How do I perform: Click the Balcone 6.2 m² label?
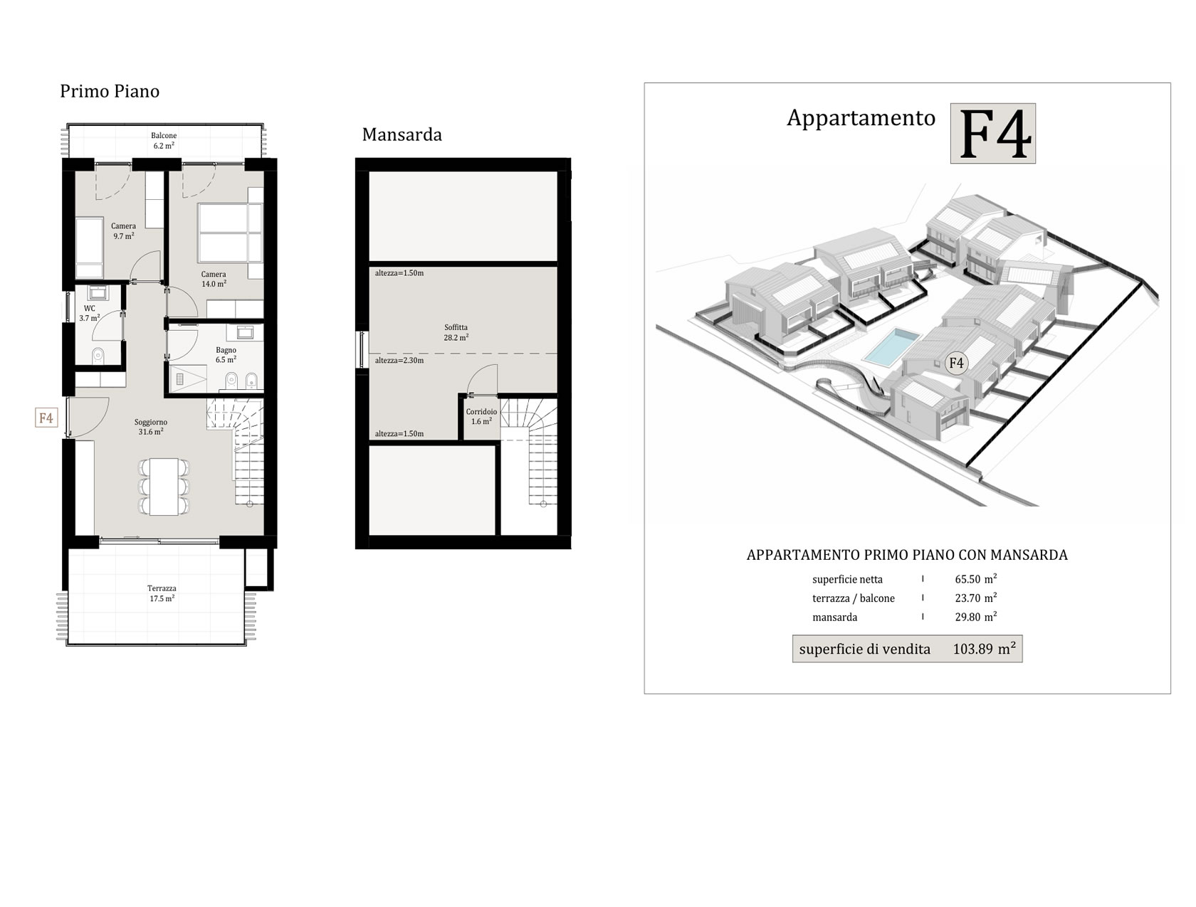point(164,140)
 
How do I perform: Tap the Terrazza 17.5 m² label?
point(162,593)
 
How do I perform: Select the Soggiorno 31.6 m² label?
point(150,427)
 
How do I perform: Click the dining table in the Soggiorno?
point(164,486)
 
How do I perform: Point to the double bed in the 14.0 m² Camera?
point(231,233)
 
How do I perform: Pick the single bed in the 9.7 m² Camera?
point(89,248)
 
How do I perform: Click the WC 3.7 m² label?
point(90,313)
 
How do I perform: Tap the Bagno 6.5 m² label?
point(226,355)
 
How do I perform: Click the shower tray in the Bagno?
point(187,378)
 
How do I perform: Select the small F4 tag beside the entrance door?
point(46,418)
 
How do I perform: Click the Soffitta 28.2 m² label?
point(456,332)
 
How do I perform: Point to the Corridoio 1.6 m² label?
point(481,416)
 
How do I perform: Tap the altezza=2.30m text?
point(399,361)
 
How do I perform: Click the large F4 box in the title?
point(992,134)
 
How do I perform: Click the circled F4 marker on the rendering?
point(955,363)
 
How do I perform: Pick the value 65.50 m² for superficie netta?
point(975,579)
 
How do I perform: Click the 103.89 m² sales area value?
point(984,648)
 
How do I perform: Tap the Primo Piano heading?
point(110,91)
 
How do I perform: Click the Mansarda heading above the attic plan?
point(402,134)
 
